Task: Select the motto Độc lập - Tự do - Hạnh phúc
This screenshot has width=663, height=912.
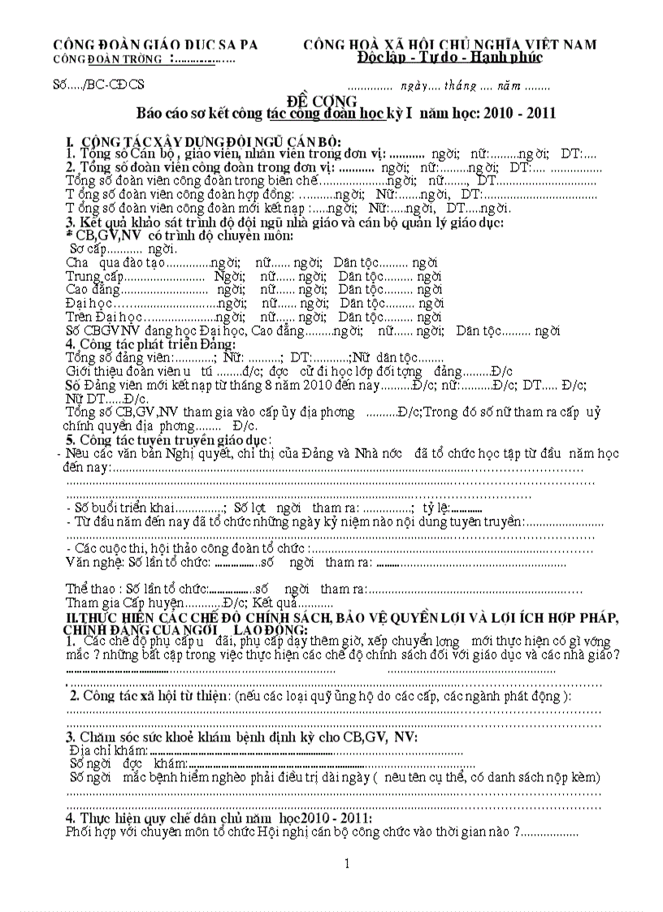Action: [448, 58]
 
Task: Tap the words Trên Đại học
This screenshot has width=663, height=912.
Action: [104, 317]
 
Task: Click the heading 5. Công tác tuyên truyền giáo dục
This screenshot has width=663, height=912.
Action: [168, 439]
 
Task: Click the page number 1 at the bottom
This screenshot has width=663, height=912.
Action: [346, 863]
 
